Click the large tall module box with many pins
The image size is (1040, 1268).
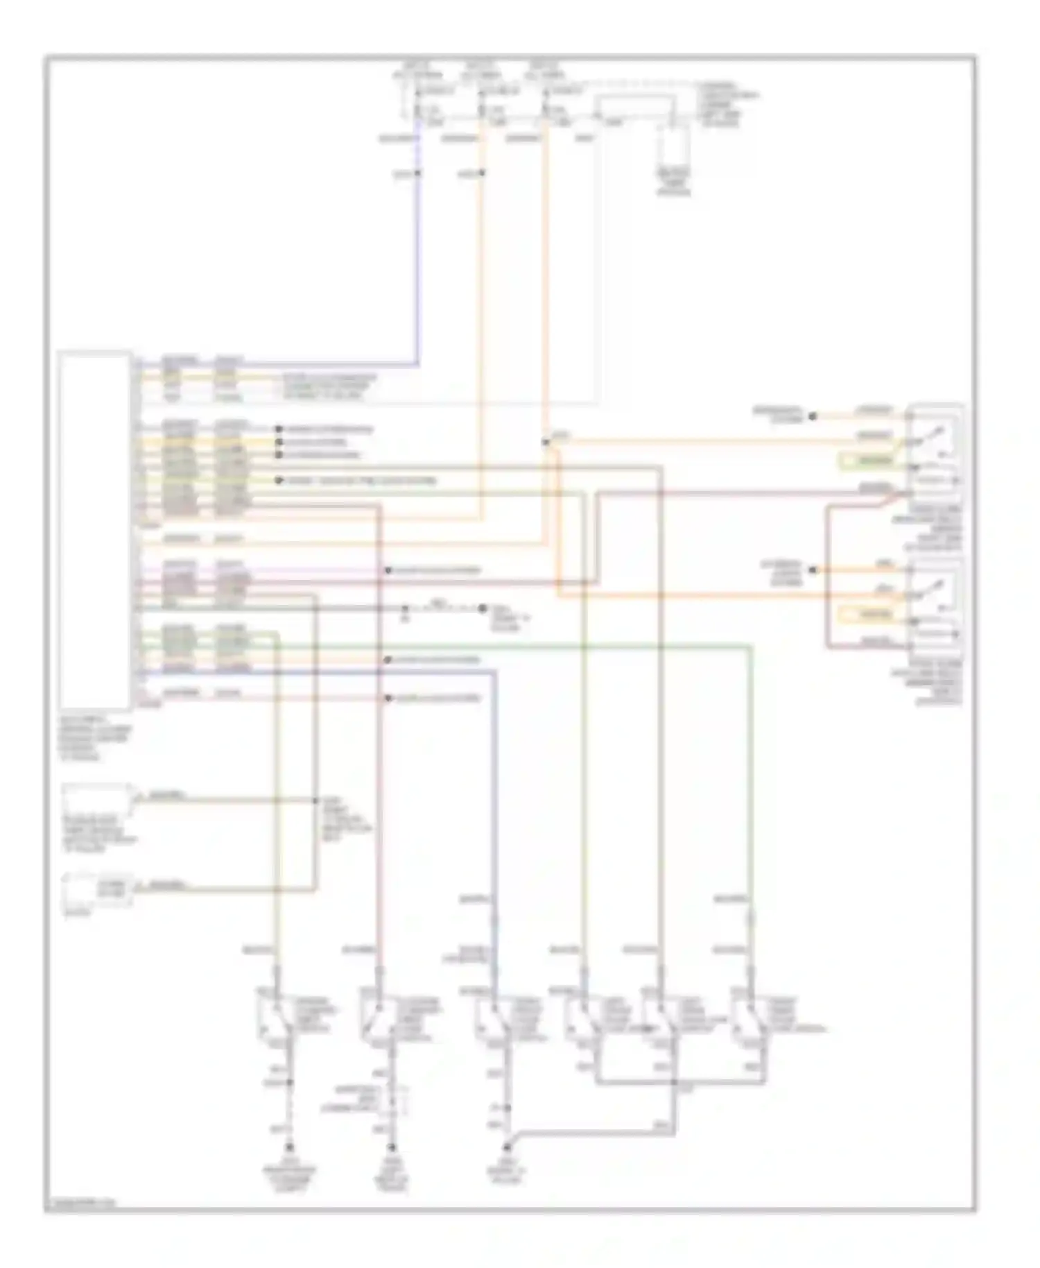click(95, 530)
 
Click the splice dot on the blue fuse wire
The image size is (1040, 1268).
click(417, 173)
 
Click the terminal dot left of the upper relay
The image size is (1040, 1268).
click(813, 416)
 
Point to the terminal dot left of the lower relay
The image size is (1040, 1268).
click(813, 570)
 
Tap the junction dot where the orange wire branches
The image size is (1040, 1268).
click(546, 441)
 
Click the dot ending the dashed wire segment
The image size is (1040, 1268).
click(482, 609)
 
